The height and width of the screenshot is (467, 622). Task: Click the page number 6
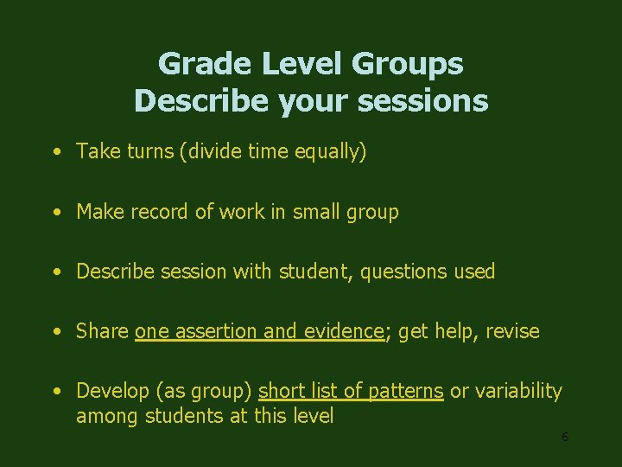(x=565, y=438)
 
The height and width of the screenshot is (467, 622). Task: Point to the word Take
(x=97, y=152)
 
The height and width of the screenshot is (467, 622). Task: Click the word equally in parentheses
(x=333, y=152)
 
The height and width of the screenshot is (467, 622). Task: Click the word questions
(x=401, y=272)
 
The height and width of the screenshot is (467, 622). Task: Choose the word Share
(x=103, y=331)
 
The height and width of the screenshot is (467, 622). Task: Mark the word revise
(x=511, y=331)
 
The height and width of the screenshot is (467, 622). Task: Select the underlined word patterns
(x=406, y=391)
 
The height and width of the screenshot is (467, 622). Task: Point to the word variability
(x=518, y=391)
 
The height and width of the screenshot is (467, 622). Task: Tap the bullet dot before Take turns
(x=55, y=153)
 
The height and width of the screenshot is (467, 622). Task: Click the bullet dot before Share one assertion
(x=55, y=332)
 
